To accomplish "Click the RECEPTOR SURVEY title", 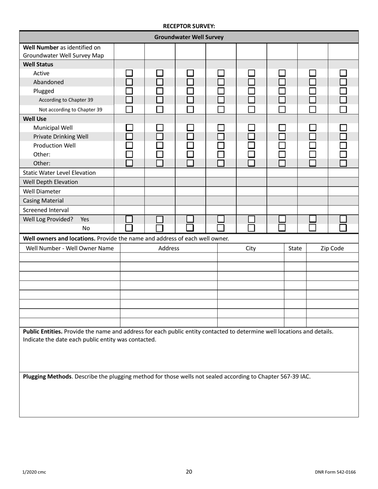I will pos(189,26).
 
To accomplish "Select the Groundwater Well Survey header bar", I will pos(189,37).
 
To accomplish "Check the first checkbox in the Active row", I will pos(129,73).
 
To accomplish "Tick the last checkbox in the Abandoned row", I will pos(343,82).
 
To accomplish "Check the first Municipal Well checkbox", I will pos(129,128).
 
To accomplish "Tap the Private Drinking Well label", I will pos(61,136).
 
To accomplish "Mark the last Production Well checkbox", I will pos(343,146).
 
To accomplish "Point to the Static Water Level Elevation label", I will pos(59,173).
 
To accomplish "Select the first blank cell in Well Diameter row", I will pos(129,191).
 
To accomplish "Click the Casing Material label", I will pos(43,200).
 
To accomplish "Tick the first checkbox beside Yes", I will pos(129,219).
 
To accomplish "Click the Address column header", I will pos(169,248).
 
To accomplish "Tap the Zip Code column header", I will pos(332,248).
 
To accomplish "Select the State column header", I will pos(295,248).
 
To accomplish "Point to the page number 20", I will pos(189,472).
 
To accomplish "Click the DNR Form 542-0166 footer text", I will pos(335,472).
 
